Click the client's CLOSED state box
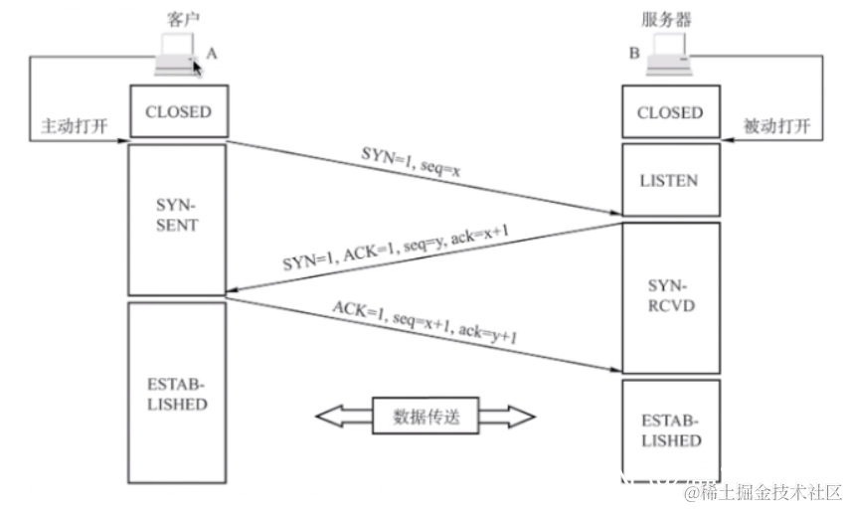[178, 111]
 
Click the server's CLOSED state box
[669, 112]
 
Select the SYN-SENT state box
[178, 217]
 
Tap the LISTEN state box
[669, 180]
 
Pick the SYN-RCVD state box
[669, 297]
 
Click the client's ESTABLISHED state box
[178, 393]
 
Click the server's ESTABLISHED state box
[669, 429]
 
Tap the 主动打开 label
[73, 127]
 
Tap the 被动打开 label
[777, 127]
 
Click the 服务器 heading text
[669, 19]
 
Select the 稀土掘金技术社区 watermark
[756, 492]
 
